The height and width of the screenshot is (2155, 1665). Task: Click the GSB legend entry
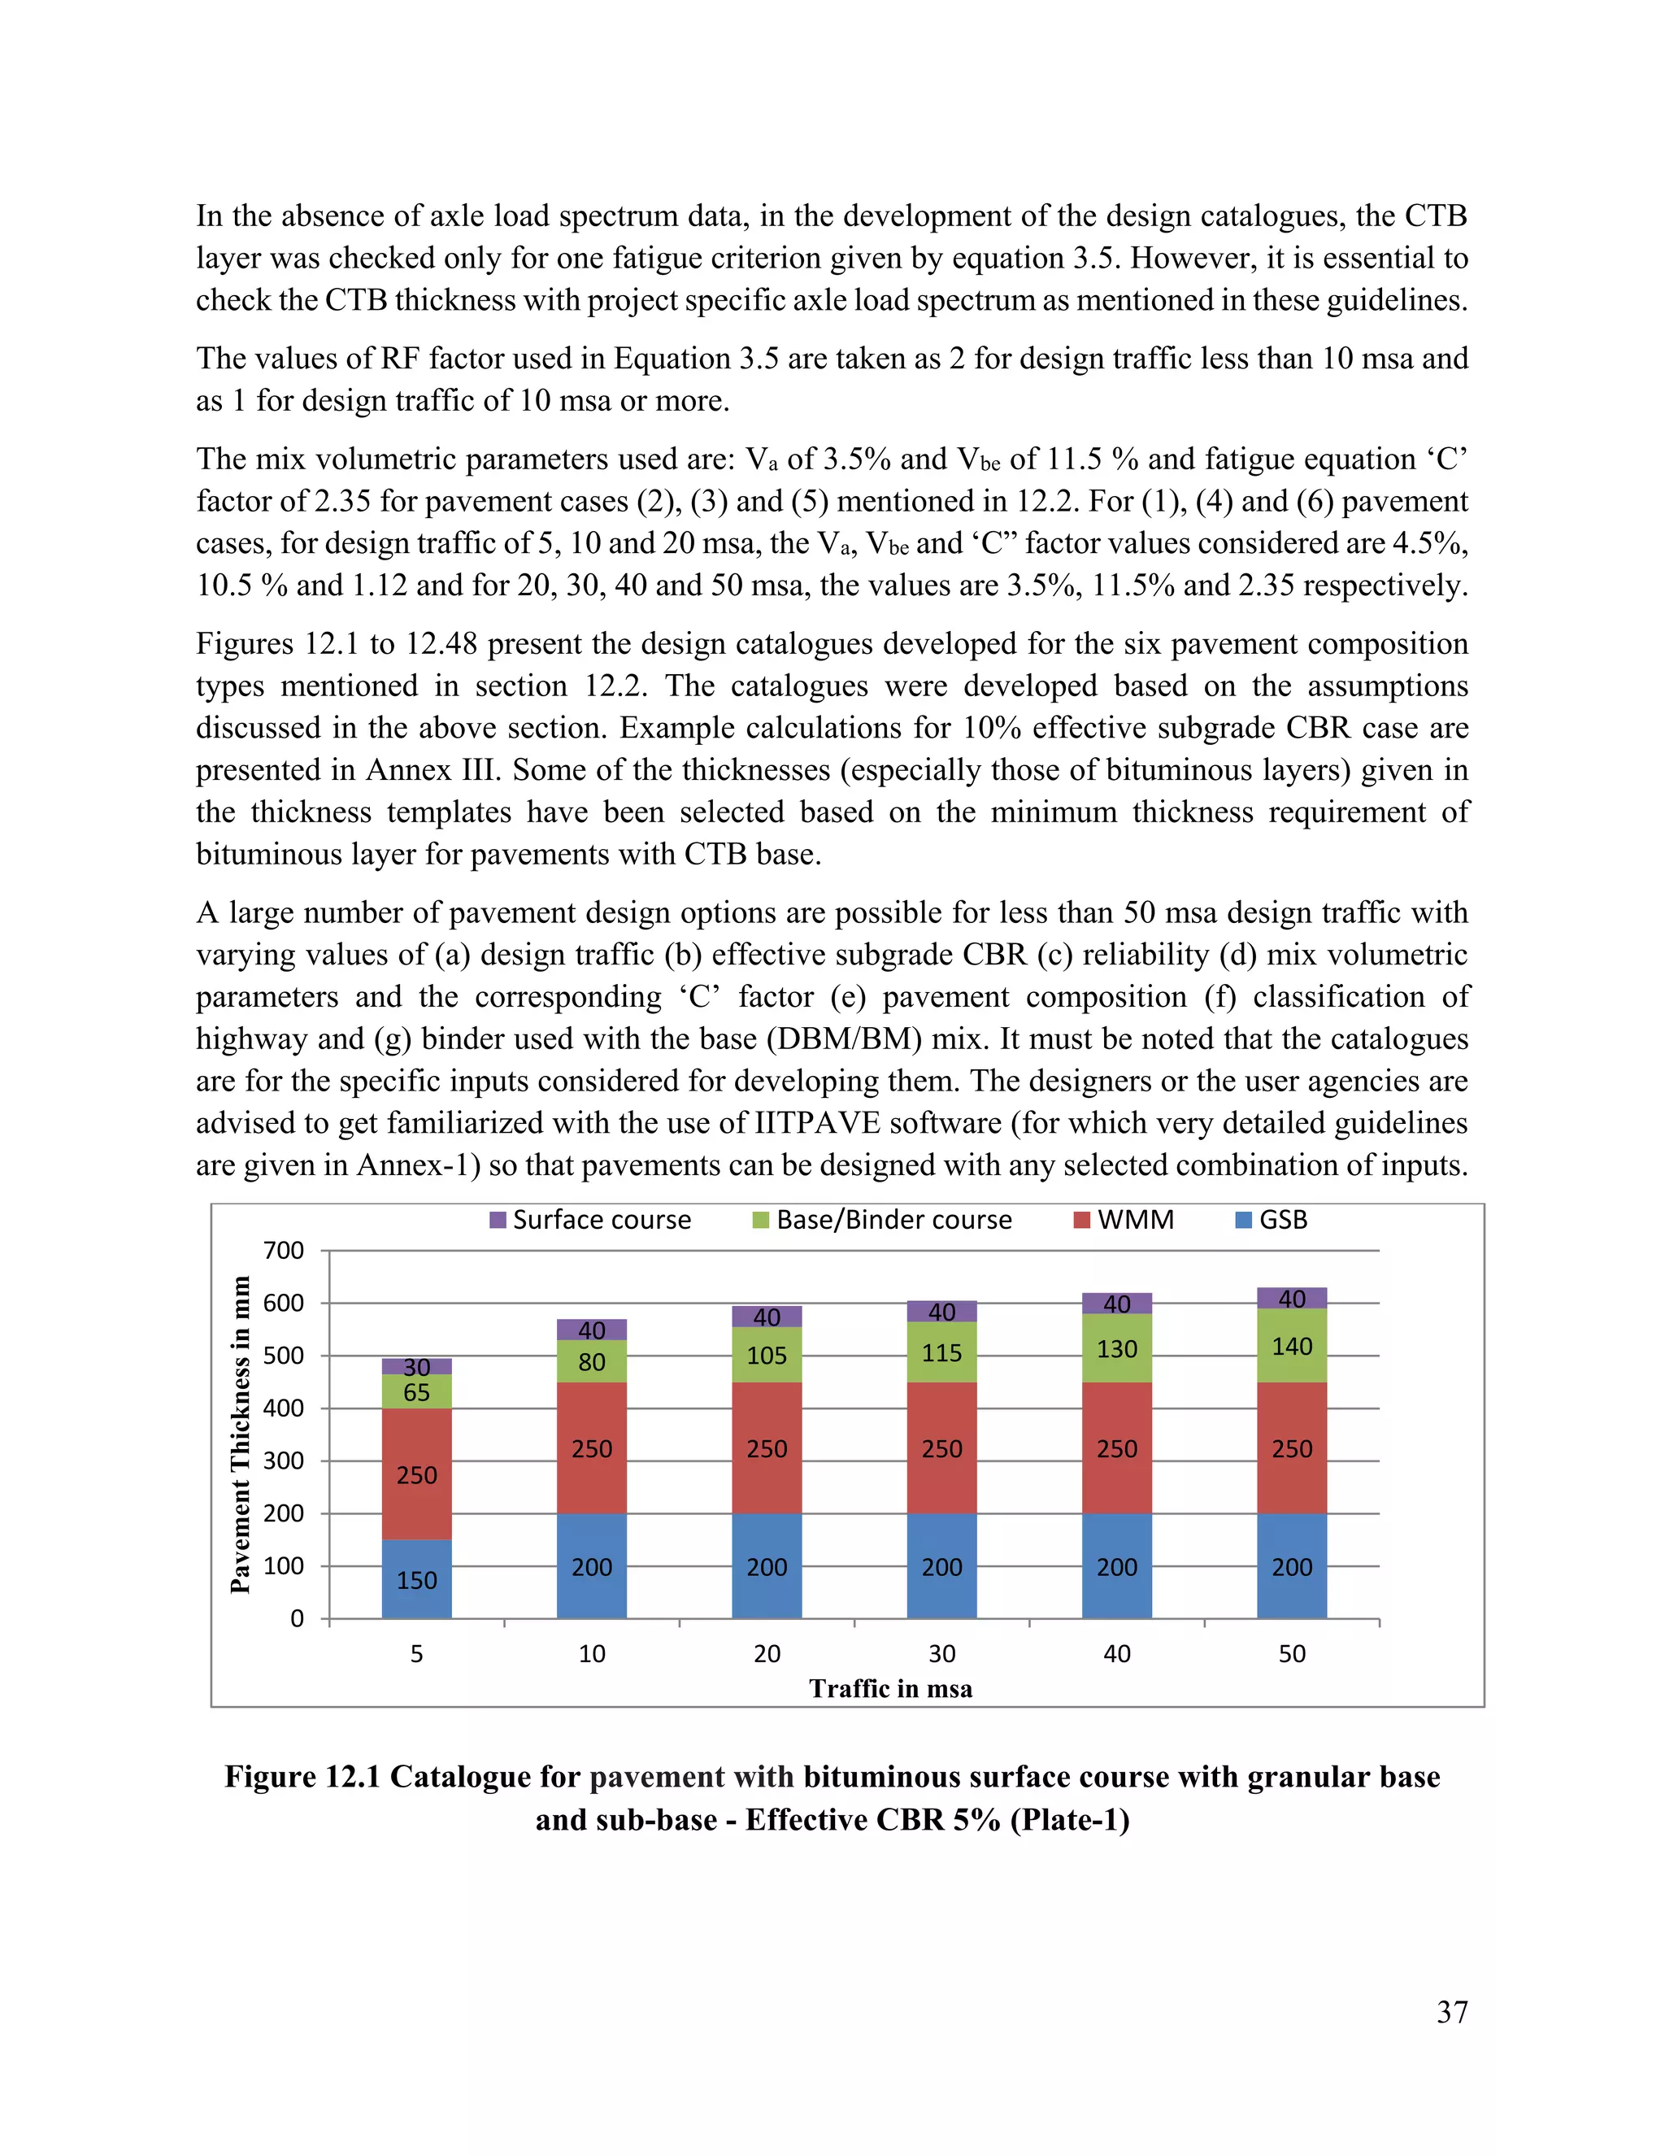[1272, 1220]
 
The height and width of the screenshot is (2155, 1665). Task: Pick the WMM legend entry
[1124, 1220]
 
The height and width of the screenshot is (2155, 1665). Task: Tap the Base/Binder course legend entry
[882, 1220]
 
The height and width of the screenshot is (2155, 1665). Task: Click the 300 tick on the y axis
[283, 1461]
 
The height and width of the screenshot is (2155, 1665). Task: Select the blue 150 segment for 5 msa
[416, 1578]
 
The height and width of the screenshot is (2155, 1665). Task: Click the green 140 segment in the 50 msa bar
[1291, 1346]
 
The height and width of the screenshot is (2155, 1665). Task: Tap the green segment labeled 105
[767, 1355]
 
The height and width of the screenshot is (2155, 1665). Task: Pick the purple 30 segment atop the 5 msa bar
[416, 1367]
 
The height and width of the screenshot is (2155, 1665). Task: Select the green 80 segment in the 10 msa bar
[591, 1361]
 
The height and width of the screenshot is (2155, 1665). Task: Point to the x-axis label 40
[1116, 1654]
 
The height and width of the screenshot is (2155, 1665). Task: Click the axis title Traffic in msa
[891, 1688]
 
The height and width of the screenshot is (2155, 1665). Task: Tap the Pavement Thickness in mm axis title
[240, 1434]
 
